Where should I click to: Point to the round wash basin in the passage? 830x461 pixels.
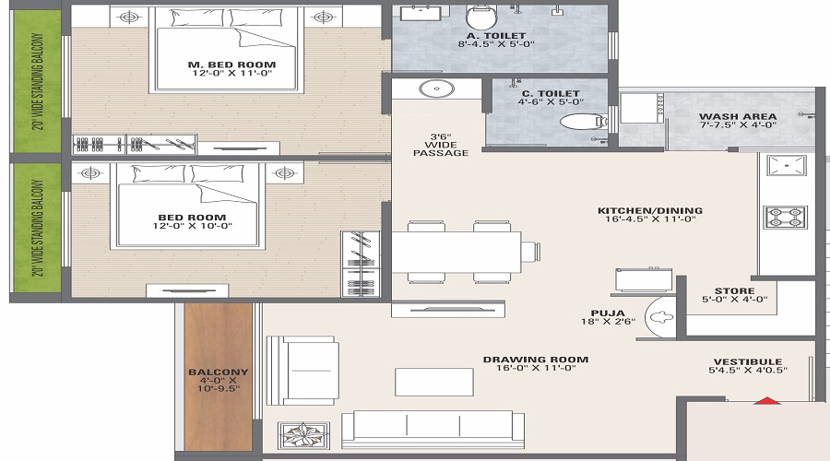pos(433,89)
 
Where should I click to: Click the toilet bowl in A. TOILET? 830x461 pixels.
pos(480,17)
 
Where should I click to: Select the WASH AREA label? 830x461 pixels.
pos(737,116)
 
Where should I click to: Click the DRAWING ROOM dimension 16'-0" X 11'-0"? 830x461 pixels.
pos(535,370)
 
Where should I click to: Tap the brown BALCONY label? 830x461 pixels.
pos(218,372)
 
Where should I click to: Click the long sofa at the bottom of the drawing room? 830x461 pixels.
pos(433,429)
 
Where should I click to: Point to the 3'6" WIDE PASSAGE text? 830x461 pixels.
pos(441,143)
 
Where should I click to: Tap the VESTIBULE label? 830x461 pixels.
pos(747,361)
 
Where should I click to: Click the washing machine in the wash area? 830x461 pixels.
pos(637,109)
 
